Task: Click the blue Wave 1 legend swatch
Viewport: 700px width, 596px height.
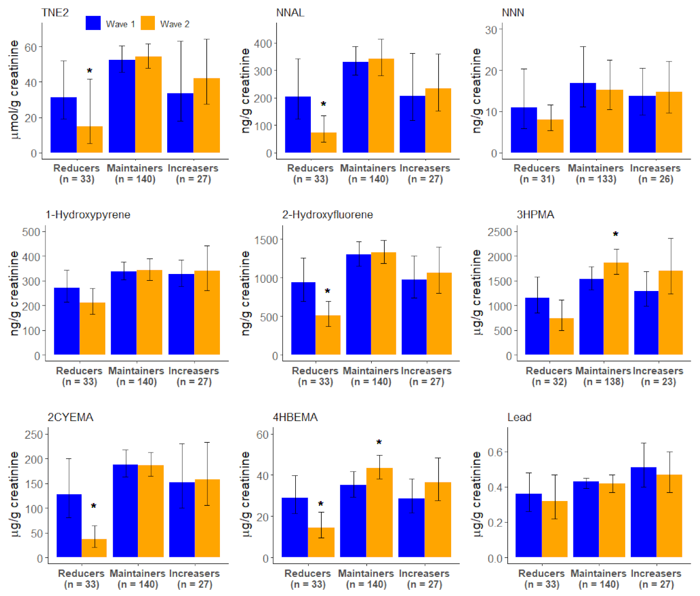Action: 93,23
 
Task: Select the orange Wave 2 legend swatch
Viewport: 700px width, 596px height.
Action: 148,23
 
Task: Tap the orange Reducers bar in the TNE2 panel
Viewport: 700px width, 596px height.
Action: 90,139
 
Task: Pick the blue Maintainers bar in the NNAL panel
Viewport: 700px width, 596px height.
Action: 355,107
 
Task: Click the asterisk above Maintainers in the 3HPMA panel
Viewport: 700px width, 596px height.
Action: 616,234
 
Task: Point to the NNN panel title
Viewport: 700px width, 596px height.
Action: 513,12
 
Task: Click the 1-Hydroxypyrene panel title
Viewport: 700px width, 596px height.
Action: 88,215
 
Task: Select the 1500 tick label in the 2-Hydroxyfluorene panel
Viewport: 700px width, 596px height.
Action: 266,240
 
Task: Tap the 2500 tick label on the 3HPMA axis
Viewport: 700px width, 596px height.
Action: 500,232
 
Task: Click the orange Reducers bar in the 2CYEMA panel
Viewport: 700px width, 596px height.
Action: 94,548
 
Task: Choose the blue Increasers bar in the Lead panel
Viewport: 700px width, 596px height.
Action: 643,512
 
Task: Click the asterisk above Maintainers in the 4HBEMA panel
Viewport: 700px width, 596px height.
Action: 379,442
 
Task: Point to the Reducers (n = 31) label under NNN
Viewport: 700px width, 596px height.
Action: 537,173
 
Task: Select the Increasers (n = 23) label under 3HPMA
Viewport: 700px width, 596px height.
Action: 658,376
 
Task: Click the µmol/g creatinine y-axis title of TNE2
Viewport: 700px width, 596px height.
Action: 14,90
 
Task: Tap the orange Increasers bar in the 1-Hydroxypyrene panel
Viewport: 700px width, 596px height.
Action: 207,313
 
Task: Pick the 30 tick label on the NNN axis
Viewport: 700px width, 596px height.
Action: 491,30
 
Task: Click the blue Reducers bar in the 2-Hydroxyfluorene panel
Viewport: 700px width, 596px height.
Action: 304,318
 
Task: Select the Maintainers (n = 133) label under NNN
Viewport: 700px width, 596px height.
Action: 596,173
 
